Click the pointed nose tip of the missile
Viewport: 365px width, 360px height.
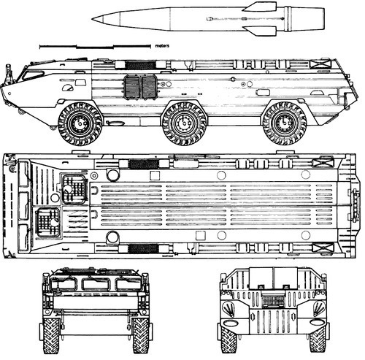(x=93, y=18)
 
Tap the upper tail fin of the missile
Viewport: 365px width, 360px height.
(x=261, y=7)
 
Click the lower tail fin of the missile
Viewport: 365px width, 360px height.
(x=261, y=31)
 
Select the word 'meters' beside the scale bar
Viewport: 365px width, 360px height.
(x=162, y=46)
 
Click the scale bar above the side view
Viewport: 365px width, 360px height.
(x=95, y=46)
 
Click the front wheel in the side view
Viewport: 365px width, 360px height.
(x=80, y=124)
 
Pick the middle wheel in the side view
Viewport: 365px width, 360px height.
(x=185, y=123)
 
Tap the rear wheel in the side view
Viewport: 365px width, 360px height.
(x=284, y=123)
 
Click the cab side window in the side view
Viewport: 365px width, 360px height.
(x=33, y=74)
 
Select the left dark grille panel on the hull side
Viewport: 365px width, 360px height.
(x=131, y=87)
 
